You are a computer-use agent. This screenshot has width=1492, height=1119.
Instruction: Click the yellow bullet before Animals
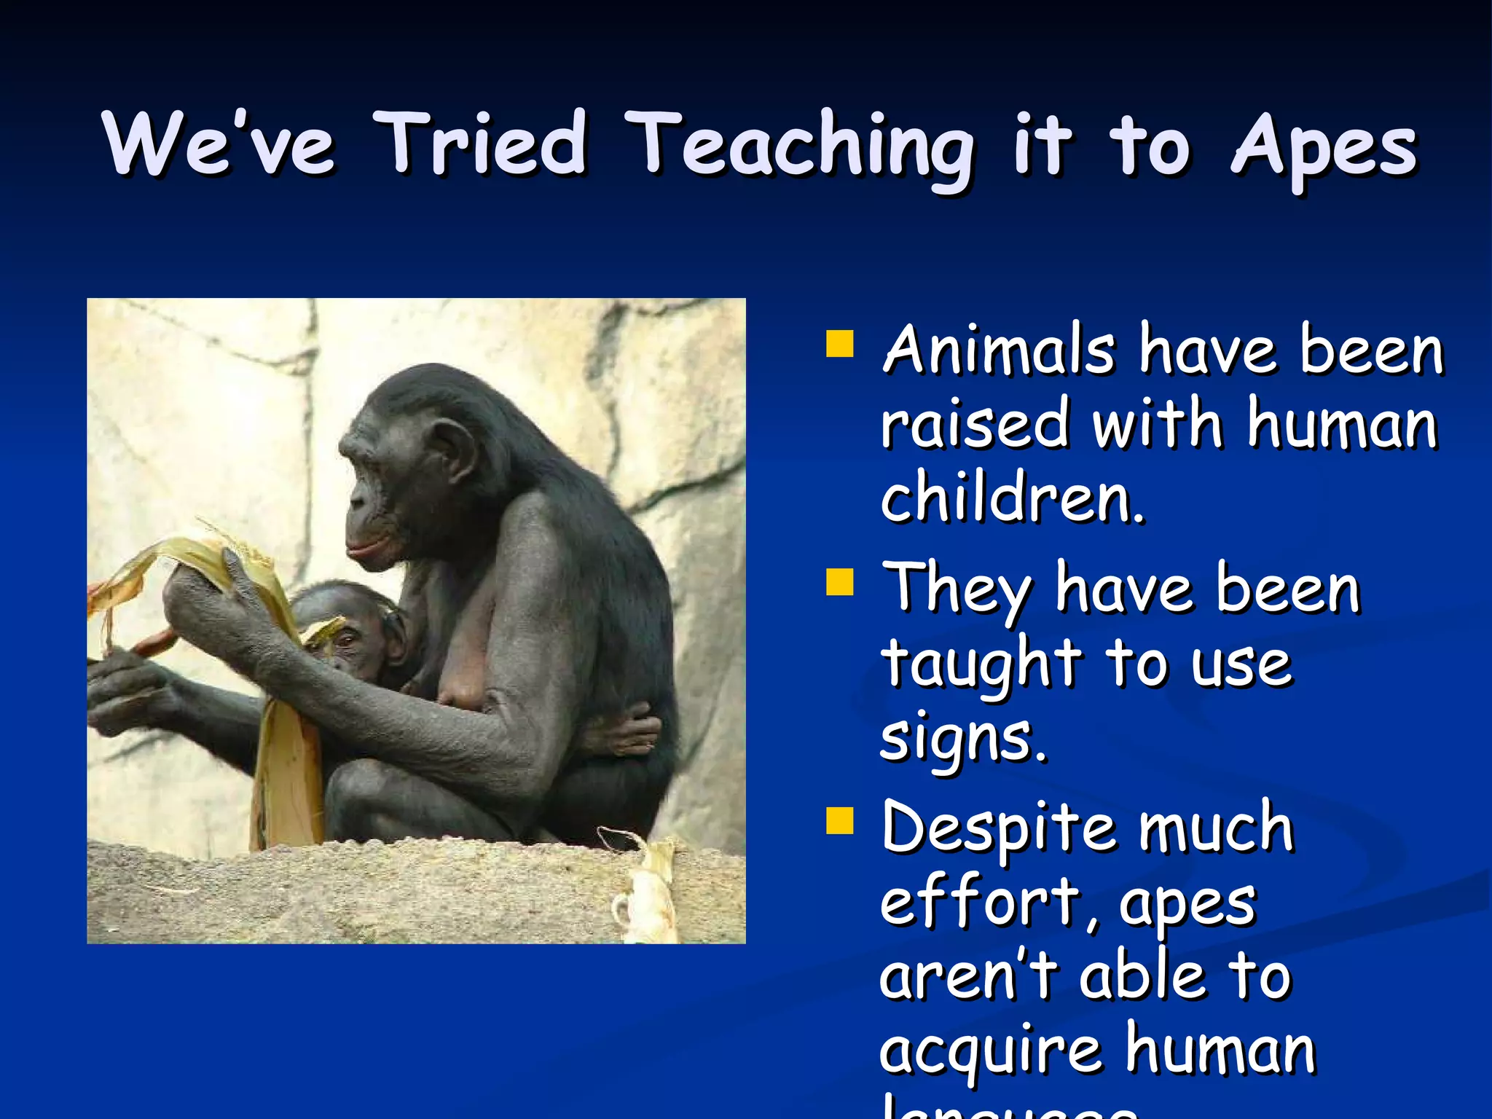coord(840,344)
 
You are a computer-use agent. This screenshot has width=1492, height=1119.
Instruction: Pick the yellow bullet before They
coord(840,582)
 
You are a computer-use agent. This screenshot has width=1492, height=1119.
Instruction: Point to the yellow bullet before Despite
coord(840,820)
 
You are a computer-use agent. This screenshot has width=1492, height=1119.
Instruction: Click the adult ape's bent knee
coord(364,794)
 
